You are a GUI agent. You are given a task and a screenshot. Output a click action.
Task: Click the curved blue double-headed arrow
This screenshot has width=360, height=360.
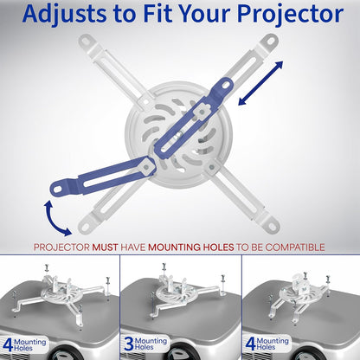pyautogui.click(x=54, y=216)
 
